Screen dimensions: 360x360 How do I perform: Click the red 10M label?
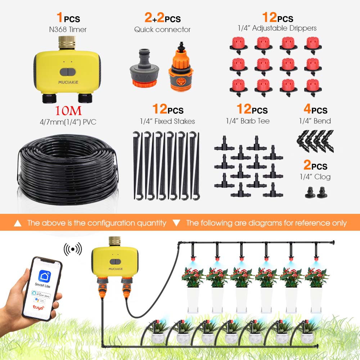coord(68,110)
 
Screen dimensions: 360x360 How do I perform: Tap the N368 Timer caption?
coord(68,30)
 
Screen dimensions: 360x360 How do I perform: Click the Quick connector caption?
coord(162,30)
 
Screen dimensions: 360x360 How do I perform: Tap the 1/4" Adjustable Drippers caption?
coord(277,28)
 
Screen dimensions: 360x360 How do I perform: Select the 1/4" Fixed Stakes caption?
coord(167,121)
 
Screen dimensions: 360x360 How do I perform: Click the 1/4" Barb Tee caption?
coord(248,121)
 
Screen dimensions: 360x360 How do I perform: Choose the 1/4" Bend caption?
coord(315,121)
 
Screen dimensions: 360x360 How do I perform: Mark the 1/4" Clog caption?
coord(315,177)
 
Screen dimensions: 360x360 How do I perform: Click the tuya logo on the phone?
coord(38,308)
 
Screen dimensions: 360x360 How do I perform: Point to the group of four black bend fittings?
coord(315,141)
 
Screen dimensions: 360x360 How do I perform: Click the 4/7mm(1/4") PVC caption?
coord(68,122)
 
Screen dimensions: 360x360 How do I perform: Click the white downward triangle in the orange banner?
coord(176,223)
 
